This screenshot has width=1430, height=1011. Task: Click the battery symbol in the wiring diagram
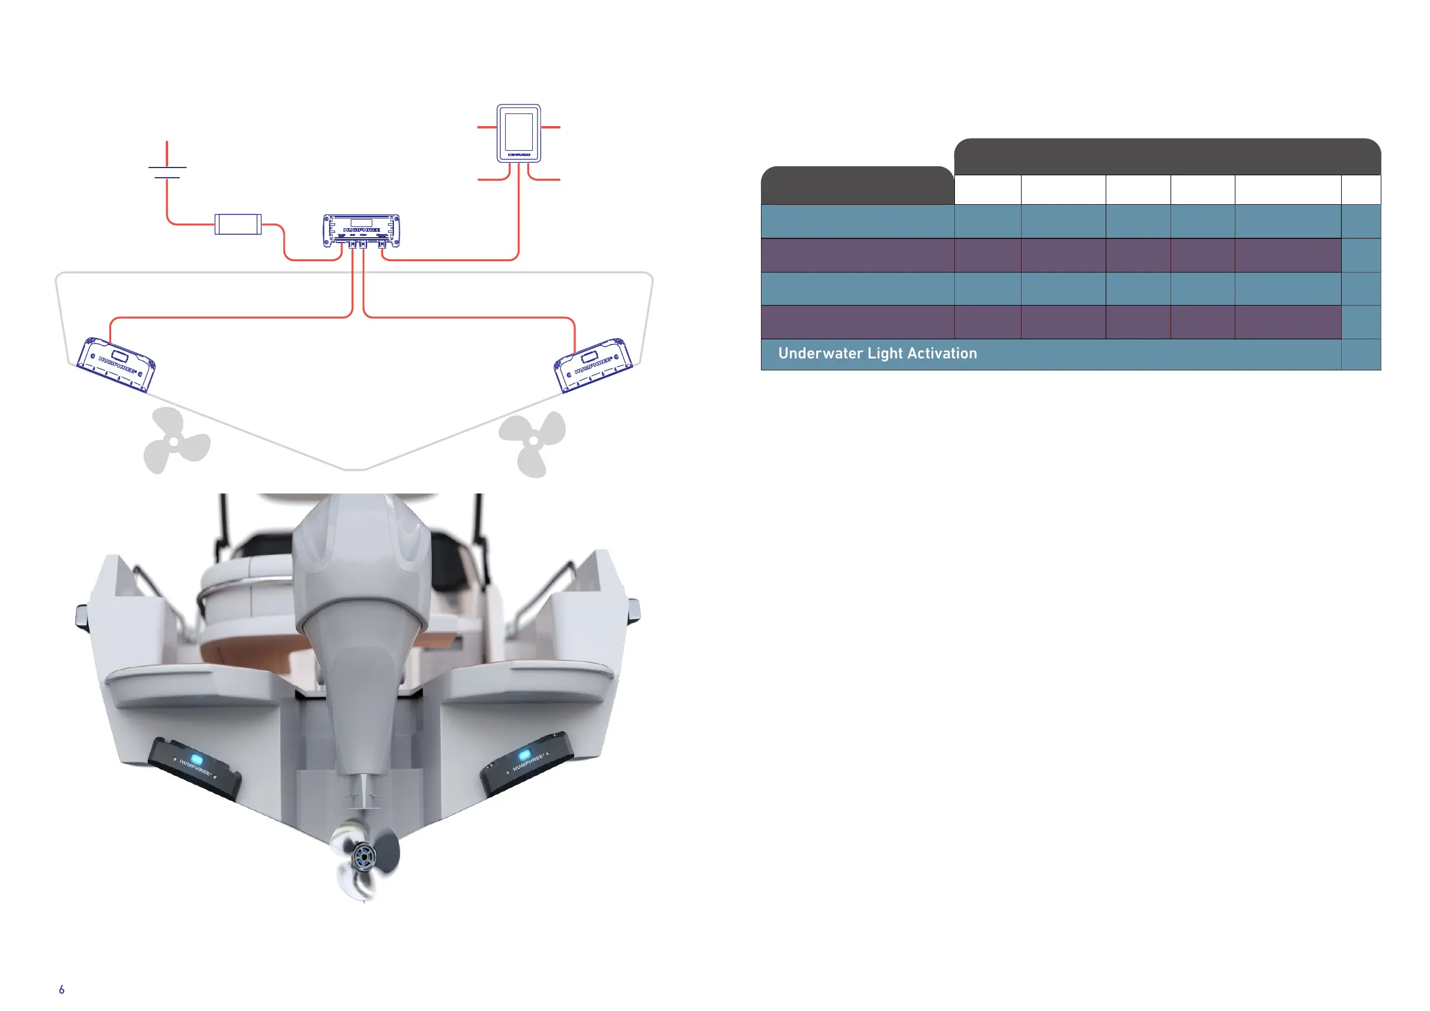[x=167, y=172]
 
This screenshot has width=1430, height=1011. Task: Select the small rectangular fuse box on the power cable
[x=238, y=224]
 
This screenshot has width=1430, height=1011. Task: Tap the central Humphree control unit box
[x=361, y=231]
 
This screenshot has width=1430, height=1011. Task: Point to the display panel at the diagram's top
[x=518, y=133]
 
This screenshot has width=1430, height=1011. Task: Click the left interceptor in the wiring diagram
[x=116, y=365]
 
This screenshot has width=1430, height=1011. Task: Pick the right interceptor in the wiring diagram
[x=593, y=365]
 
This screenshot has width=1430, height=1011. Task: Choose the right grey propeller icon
[x=533, y=442]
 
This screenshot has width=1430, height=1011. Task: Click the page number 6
[x=62, y=989]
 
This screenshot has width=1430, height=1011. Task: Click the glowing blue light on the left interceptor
[x=197, y=759]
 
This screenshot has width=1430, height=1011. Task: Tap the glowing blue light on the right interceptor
[x=525, y=755]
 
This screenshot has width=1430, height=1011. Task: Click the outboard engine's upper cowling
[x=361, y=548]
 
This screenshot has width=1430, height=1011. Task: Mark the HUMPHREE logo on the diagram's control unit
[x=361, y=230]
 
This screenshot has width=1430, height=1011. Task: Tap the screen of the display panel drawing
[x=518, y=131]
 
